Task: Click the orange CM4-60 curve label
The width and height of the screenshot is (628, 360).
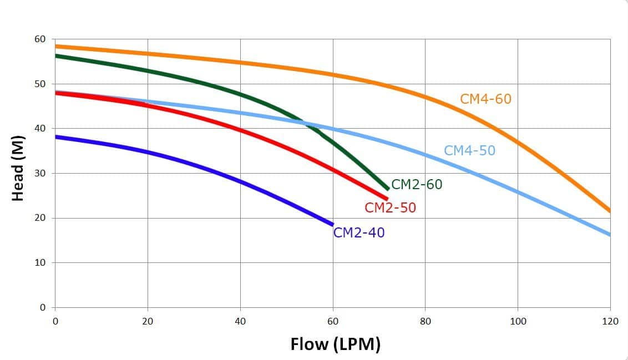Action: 485,99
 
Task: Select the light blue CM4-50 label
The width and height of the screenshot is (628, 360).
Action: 469,150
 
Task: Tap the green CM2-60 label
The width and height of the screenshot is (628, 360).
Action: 417,185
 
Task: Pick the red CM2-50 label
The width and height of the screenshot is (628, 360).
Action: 390,208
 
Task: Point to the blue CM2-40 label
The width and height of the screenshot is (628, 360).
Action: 358,233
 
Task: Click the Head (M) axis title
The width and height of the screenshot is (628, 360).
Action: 18,168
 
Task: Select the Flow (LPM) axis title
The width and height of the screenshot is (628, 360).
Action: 335,344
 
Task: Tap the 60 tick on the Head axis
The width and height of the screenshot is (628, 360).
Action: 40,39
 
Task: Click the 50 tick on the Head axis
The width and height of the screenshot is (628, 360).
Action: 40,84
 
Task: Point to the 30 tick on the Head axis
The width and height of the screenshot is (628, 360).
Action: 40,173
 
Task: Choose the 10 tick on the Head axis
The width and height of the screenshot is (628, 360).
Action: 40,262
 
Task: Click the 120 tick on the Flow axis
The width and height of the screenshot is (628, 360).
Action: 610,321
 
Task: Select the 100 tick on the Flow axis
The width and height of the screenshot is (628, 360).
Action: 518,321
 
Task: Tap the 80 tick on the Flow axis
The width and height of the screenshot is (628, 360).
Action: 425,321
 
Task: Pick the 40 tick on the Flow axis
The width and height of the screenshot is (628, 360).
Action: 240,321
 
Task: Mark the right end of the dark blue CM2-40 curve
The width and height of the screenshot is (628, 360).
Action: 332,224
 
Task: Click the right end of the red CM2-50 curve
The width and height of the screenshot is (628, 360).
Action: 387,198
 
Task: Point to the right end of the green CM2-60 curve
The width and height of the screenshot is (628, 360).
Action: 388,189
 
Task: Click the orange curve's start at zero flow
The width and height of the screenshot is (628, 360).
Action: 55,46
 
